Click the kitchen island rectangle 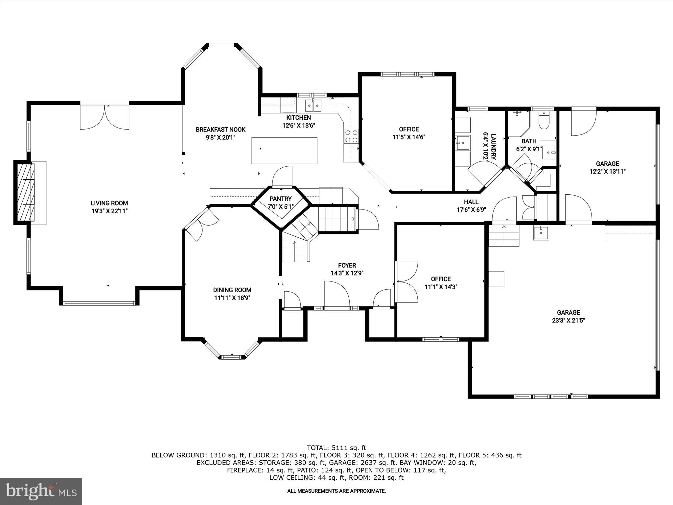click(284, 151)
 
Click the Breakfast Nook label click(220, 130)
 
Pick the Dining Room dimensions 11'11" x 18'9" click(232, 298)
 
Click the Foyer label click(347, 265)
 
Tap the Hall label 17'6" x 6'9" click(471, 209)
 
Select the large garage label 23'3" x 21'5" click(568, 321)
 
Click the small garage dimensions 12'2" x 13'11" click(607, 171)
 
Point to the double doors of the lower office click(407, 281)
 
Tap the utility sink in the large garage click(541, 233)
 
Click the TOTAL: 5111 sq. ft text click(336, 447)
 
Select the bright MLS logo click(41, 491)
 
